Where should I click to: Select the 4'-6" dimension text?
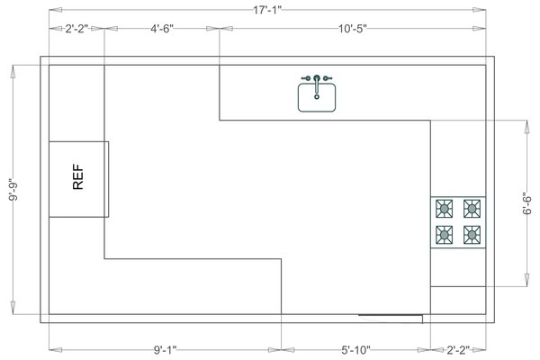click(x=162, y=30)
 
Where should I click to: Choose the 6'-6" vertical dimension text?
click(x=528, y=202)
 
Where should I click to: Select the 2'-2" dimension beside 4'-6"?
click(x=76, y=30)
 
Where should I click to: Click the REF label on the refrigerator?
click(x=78, y=177)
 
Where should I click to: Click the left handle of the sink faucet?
click(x=304, y=78)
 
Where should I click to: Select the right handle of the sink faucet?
click(x=329, y=78)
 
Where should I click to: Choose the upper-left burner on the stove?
click(x=445, y=209)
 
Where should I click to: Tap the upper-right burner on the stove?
click(x=472, y=209)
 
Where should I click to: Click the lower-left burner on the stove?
click(x=445, y=236)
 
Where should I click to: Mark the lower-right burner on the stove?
click(x=472, y=236)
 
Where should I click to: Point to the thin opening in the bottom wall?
click(x=391, y=316)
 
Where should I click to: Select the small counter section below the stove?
click(x=458, y=268)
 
